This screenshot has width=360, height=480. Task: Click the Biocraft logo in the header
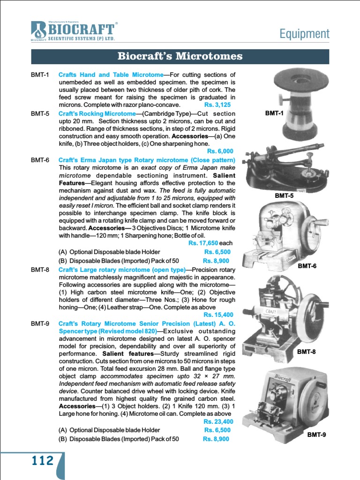click(x=73, y=31)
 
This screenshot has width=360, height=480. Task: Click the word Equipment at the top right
click(x=304, y=34)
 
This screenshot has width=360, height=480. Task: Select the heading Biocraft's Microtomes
click(x=180, y=57)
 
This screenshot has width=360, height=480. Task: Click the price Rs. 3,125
click(x=217, y=105)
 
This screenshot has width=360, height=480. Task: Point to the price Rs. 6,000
click(x=220, y=151)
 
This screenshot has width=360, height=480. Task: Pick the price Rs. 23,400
click(x=218, y=421)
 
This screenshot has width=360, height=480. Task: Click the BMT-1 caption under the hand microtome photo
click(x=274, y=113)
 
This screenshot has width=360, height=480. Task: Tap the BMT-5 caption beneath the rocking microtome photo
click(x=284, y=195)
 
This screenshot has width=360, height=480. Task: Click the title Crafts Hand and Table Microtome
click(x=110, y=75)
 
